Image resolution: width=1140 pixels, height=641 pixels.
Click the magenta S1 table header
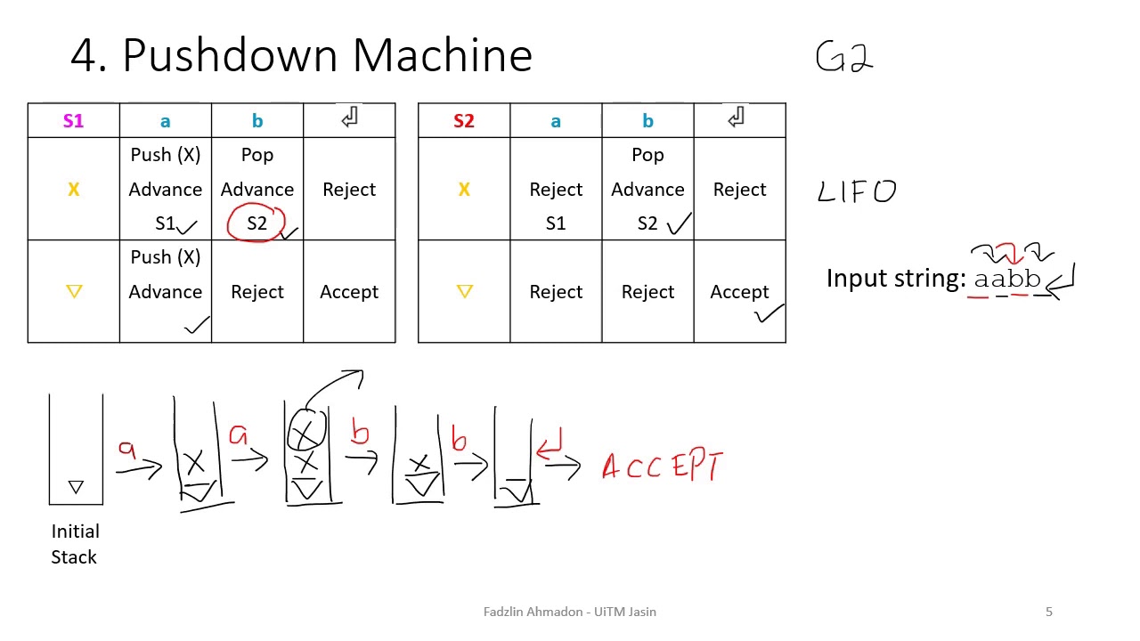point(73,121)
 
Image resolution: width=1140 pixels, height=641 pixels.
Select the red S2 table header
point(463,121)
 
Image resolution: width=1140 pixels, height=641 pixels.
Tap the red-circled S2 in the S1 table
point(256,223)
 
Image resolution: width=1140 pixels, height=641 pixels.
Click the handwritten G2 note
point(843,58)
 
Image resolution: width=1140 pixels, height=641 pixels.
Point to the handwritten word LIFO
point(857,191)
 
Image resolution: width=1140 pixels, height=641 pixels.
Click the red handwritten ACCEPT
point(663,466)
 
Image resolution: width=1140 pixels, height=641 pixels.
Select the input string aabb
point(1007,280)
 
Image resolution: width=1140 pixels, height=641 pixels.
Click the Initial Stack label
point(75,544)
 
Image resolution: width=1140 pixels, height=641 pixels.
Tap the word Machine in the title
point(442,55)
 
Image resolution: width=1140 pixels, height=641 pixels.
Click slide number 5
point(1049,612)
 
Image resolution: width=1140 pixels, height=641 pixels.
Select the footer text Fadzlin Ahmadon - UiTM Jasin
point(570,612)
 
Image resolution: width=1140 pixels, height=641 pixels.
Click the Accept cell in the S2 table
point(739,292)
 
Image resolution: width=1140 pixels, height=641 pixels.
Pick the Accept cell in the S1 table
point(349,292)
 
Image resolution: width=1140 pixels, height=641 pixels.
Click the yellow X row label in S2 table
point(463,190)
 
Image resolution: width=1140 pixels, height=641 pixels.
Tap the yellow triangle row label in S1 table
point(74,291)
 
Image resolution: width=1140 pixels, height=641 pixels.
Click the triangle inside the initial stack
point(76,487)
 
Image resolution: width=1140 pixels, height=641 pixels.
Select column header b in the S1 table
point(257,121)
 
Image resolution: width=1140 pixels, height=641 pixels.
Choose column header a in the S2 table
point(556,121)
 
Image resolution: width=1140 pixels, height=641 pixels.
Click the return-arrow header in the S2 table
point(737,118)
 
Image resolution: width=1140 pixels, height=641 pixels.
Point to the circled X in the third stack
point(306,431)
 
